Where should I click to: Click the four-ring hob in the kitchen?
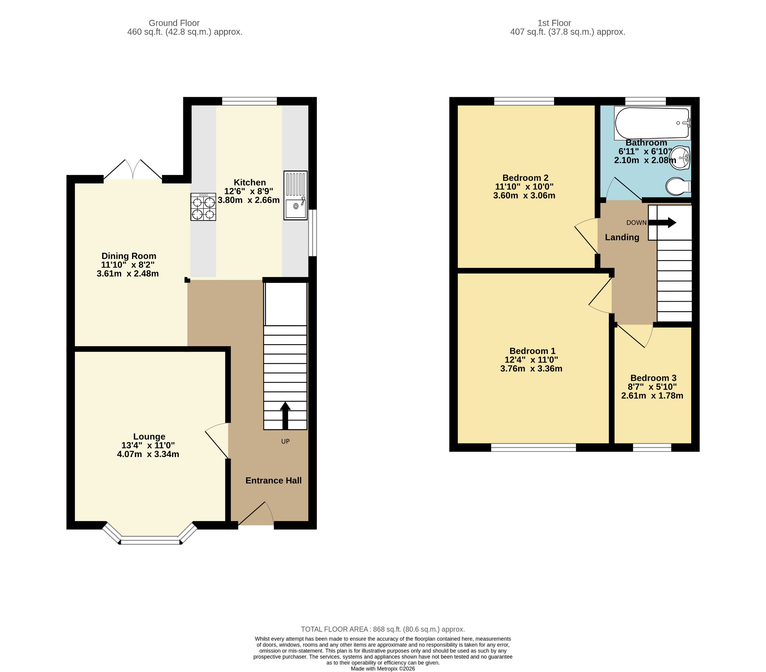pyautogui.click(x=203, y=207)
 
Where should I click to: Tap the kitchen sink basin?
pyautogui.click(x=295, y=209)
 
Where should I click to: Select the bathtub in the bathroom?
pyautogui.click(x=652, y=123)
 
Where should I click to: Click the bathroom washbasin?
pyautogui.click(x=680, y=158)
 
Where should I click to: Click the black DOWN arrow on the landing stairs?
pyautogui.click(x=662, y=222)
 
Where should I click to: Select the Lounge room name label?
pyautogui.click(x=149, y=437)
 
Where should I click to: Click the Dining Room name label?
pyautogui.click(x=129, y=256)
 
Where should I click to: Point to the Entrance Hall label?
pyautogui.click(x=273, y=481)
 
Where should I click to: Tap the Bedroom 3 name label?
pyautogui.click(x=653, y=378)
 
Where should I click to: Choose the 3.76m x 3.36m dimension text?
pyautogui.click(x=531, y=369)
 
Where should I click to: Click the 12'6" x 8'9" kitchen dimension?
pyautogui.click(x=249, y=191)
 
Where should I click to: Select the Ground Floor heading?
pyautogui.click(x=174, y=23)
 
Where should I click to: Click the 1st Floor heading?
pyautogui.click(x=554, y=23)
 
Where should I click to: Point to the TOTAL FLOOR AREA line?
pyautogui.click(x=383, y=629)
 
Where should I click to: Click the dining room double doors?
pyautogui.click(x=133, y=170)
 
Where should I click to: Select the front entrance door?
pyautogui.click(x=256, y=514)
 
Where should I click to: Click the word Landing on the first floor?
pyautogui.click(x=622, y=237)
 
